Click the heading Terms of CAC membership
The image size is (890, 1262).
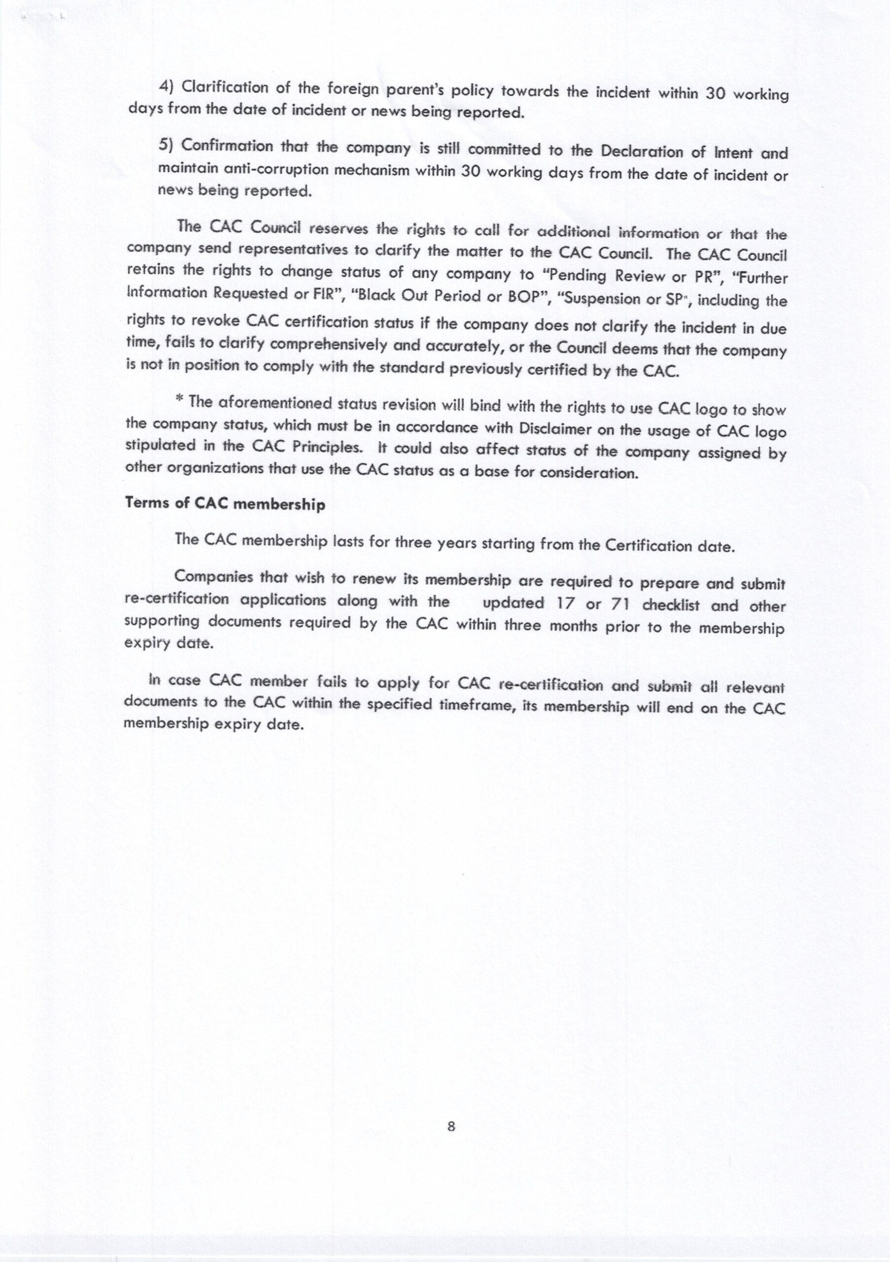[225, 504]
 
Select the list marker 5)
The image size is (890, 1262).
[166, 144]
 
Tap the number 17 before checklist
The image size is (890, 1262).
[565, 603]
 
